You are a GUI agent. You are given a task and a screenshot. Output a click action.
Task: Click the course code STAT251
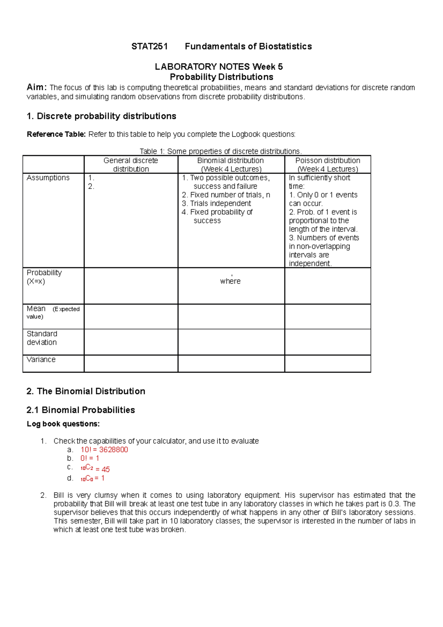[150, 47]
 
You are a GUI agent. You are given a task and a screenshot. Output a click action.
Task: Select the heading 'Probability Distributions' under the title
[221, 77]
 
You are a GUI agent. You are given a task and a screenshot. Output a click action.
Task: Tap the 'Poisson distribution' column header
[327, 165]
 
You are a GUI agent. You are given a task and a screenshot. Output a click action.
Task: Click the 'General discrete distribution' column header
[131, 165]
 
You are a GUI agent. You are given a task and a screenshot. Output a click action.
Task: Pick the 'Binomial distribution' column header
[231, 165]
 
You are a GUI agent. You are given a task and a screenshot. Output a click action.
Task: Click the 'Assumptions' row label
[48, 178]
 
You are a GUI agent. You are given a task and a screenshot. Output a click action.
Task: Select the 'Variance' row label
[41, 359]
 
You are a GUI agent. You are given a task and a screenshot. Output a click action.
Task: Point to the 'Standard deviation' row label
[42, 338]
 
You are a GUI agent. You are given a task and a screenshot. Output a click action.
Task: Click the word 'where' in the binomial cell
[230, 281]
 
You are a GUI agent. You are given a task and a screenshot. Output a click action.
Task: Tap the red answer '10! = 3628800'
[104, 449]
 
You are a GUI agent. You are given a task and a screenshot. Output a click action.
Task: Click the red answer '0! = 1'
[90, 458]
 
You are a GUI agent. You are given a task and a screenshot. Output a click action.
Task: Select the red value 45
[106, 469]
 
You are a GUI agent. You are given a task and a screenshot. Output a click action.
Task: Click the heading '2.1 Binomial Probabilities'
[80, 410]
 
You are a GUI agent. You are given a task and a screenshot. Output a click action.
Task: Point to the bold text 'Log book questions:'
[63, 424]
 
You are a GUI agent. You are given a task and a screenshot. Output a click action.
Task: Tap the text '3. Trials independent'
[216, 203]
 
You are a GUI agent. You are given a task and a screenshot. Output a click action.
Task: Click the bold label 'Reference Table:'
[56, 134]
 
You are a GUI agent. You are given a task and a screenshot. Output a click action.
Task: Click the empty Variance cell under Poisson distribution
[327, 363]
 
